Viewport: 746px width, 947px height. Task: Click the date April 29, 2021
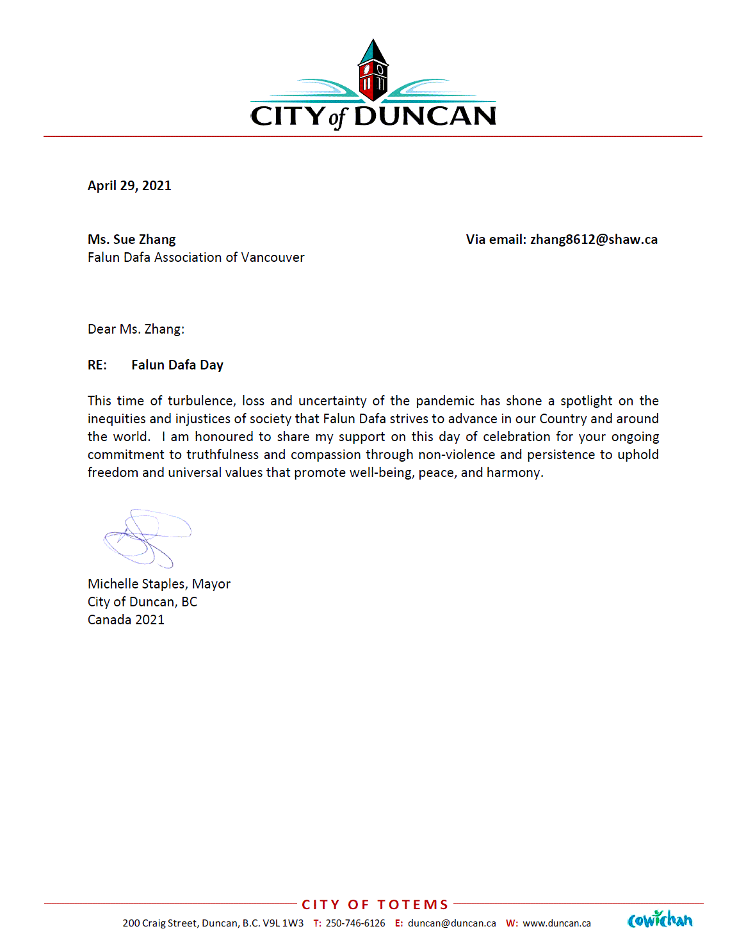tap(129, 186)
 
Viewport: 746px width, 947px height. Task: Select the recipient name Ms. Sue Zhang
tap(131, 239)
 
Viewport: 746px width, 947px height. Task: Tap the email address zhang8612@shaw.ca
tap(594, 239)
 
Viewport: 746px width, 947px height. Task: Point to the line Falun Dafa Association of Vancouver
tap(196, 257)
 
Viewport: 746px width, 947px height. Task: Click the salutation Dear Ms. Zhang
tap(136, 329)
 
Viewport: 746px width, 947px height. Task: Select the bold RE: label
tap(97, 365)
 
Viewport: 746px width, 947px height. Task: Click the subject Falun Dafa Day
tap(177, 365)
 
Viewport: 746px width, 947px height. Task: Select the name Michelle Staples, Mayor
tap(159, 584)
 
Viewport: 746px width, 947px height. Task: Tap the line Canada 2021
tap(126, 620)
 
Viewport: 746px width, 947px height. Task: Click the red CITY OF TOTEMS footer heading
tap(375, 905)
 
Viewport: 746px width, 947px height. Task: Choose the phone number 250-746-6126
tap(355, 923)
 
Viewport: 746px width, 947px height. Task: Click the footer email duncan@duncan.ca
tap(451, 923)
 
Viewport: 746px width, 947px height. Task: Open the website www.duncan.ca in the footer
tap(556, 923)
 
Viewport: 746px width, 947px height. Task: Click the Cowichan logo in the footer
tap(660, 920)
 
